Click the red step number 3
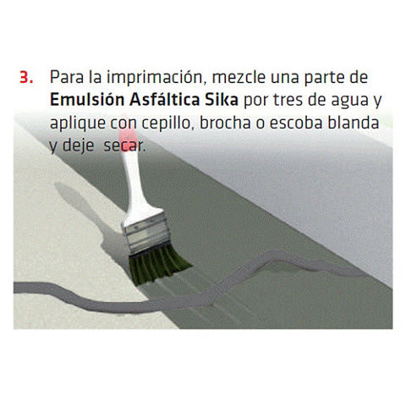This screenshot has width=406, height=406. pos(26,77)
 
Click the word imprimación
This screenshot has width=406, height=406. pos(155,77)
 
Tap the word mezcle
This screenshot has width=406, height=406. pos(239,77)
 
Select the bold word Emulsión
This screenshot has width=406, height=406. pos(87,100)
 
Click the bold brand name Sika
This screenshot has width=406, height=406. pos(222,100)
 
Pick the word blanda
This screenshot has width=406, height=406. pos(354,123)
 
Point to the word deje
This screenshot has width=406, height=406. pos(78,146)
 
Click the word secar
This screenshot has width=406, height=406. pos(124,146)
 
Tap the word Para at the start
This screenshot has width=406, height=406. pos(67,77)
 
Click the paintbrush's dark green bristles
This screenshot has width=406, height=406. pos(158,263)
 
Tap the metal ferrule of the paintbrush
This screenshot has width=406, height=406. pos(146,233)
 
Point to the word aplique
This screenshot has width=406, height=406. pos(77,123)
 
